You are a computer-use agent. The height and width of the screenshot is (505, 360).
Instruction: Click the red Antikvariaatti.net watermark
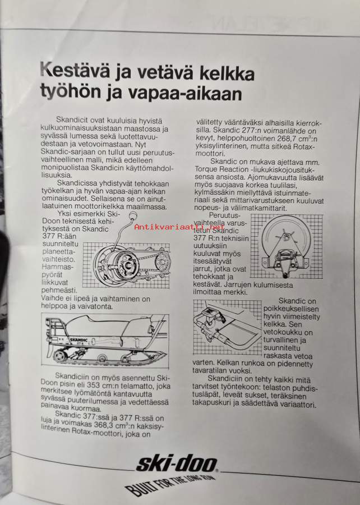[x=179, y=227]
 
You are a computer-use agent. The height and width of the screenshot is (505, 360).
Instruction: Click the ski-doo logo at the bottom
[x=177, y=464]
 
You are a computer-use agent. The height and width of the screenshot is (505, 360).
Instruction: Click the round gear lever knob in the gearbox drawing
[x=132, y=215]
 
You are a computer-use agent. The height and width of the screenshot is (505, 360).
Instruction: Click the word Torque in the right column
[x=206, y=169]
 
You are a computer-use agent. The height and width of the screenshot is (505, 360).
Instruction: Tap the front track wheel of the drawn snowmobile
[x=60, y=356]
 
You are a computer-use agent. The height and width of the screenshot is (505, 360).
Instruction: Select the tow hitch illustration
[x=227, y=327]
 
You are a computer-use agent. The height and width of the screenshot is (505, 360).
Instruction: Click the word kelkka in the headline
[x=227, y=73]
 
